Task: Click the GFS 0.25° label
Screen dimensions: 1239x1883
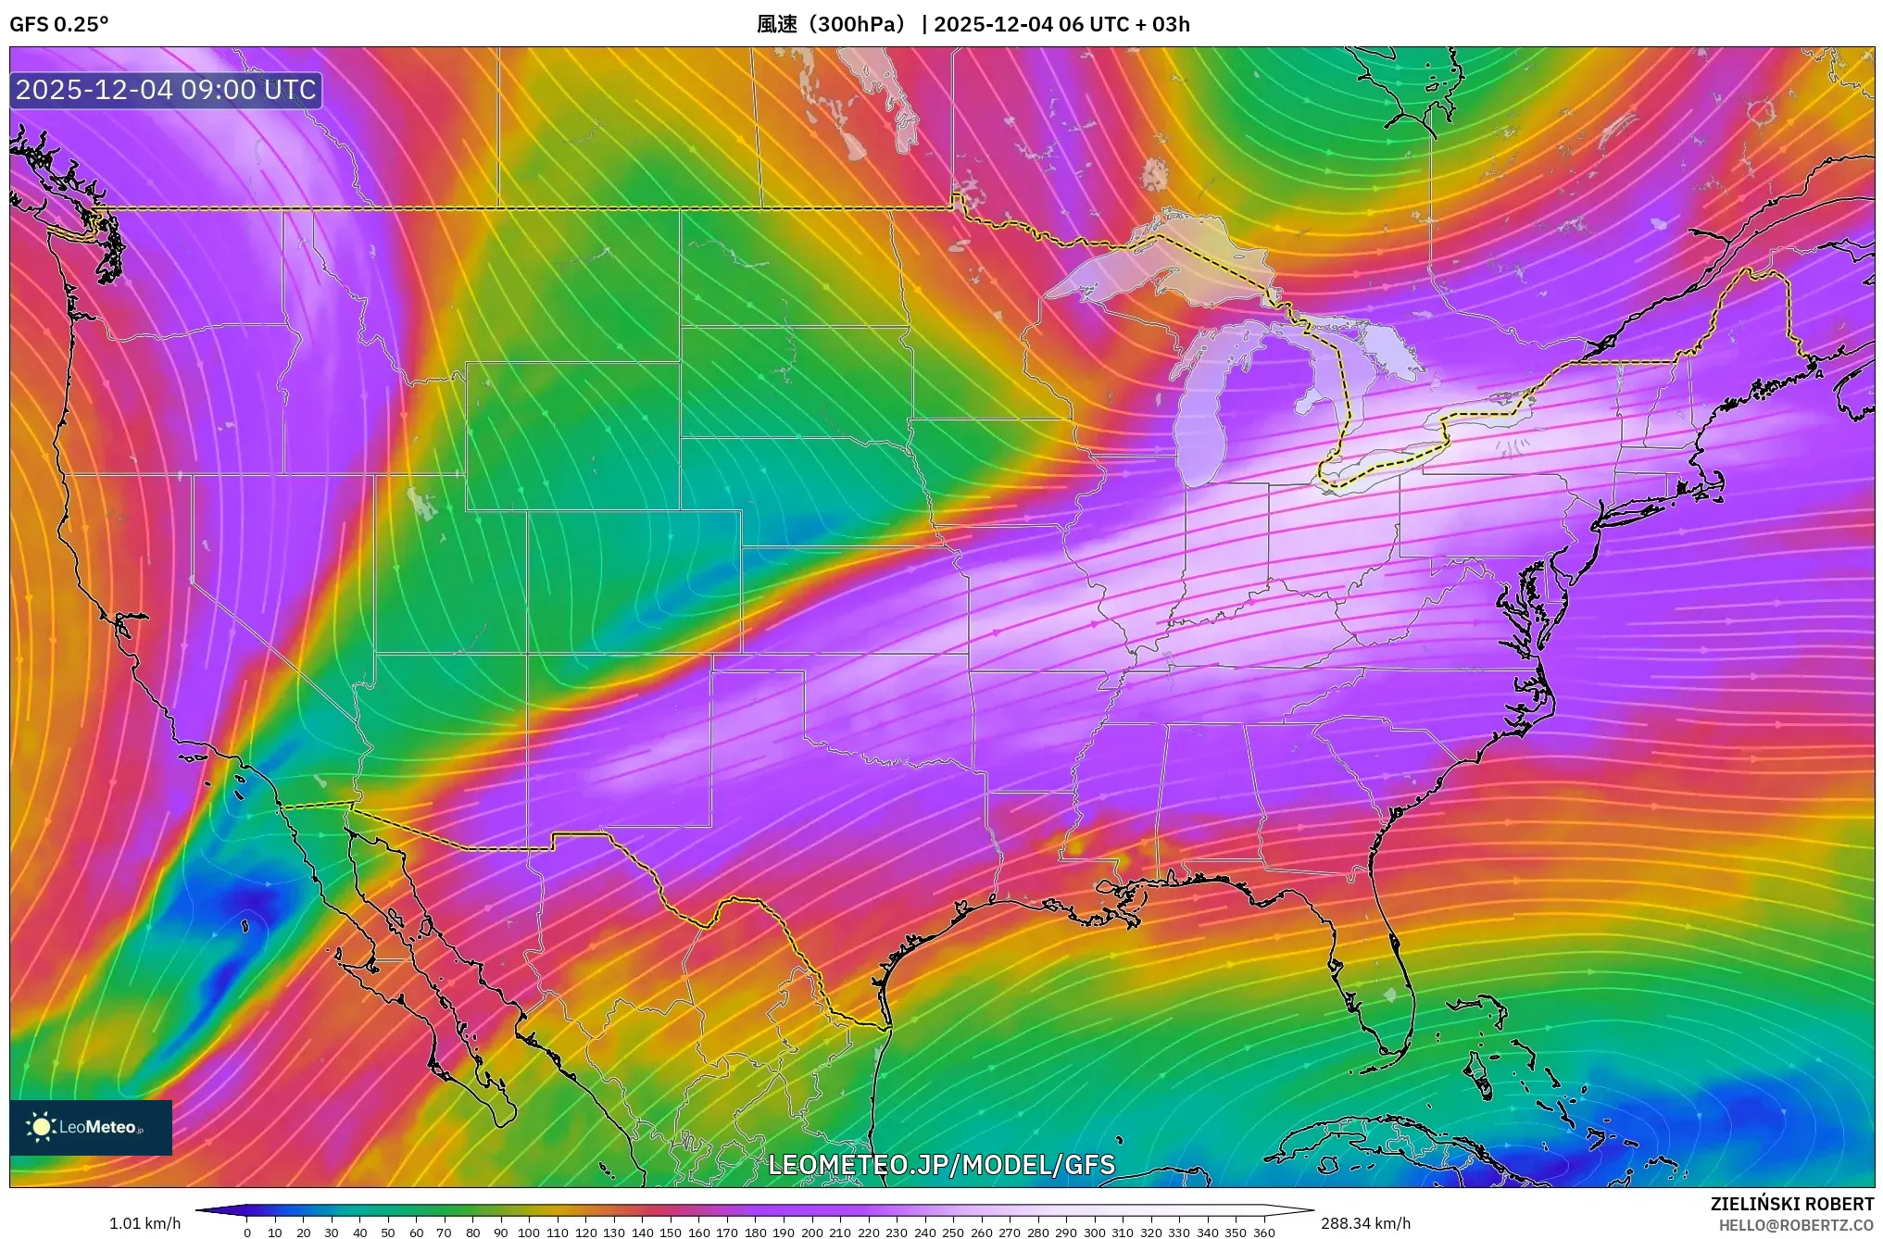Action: [59, 24]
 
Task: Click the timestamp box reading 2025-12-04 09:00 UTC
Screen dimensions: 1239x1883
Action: [166, 90]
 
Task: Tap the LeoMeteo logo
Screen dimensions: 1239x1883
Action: [91, 1127]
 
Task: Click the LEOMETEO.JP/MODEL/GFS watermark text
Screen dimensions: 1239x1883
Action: [941, 1164]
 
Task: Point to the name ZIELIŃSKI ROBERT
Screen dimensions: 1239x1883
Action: [1791, 1204]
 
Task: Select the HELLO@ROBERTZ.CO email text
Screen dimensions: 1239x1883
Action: [1796, 1225]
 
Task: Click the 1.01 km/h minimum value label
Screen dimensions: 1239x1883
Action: [144, 1223]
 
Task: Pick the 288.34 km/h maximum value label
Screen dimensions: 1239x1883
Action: [1365, 1223]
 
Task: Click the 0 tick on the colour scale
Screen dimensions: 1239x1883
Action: [247, 1233]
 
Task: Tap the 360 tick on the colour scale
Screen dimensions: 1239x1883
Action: [1264, 1233]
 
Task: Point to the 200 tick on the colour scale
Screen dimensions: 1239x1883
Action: [812, 1233]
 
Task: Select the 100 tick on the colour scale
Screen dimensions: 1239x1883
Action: [529, 1233]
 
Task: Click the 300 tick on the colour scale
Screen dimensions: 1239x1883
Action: [1095, 1233]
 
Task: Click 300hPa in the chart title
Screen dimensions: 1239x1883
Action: [858, 24]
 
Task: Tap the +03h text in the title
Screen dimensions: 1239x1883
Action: [1171, 24]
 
